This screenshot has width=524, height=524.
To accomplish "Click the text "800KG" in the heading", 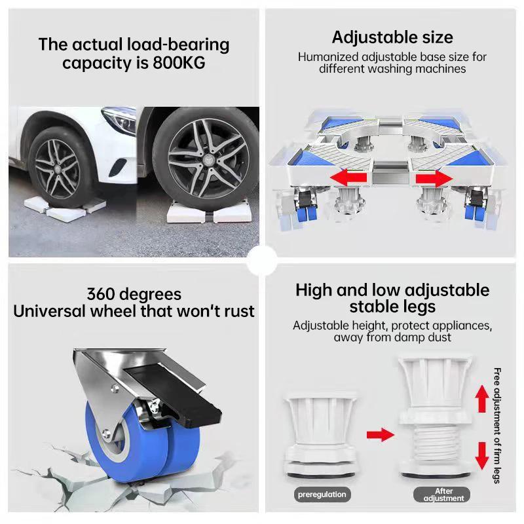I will click(179, 63).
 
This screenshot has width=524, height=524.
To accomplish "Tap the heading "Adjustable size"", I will click(392, 37).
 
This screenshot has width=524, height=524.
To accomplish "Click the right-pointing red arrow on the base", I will click(434, 177).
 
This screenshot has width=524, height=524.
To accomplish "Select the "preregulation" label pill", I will click(321, 495).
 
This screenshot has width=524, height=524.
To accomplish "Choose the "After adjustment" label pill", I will click(444, 495).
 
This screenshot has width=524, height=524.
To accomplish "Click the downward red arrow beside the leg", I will click(482, 455).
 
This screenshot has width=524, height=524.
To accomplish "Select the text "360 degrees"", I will click(134, 294).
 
